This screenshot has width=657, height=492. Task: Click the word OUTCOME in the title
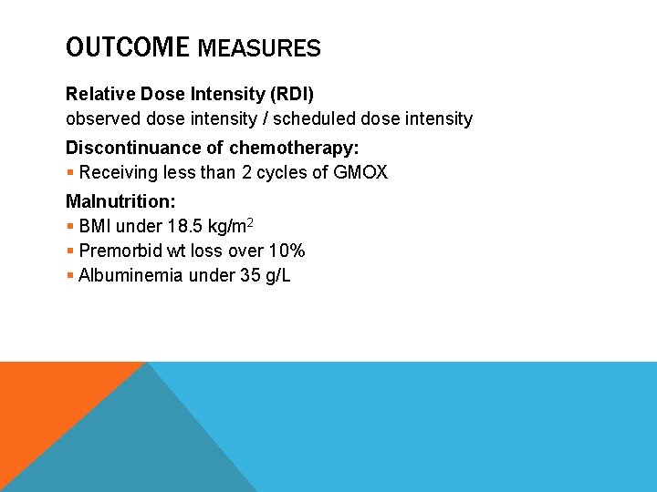(x=127, y=47)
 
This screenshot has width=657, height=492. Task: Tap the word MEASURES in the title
(x=259, y=48)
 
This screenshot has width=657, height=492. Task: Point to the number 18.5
(x=180, y=226)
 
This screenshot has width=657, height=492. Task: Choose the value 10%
(x=287, y=251)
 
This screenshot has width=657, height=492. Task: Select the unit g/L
(x=276, y=275)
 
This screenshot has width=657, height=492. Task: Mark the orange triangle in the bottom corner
(x=46, y=401)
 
